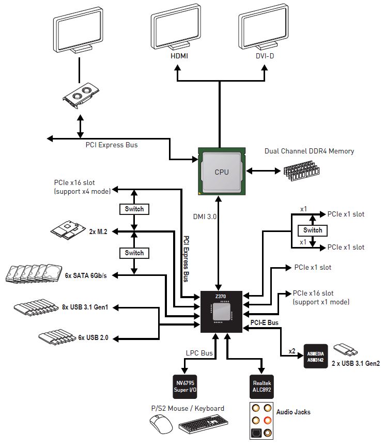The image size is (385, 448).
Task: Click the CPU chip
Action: pyautogui.click(x=222, y=171)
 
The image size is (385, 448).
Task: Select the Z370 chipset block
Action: pyautogui.click(x=221, y=312)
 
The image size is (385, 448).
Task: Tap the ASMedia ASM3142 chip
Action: pyautogui.click(x=316, y=357)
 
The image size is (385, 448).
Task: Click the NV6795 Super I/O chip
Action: pyautogui.click(x=185, y=387)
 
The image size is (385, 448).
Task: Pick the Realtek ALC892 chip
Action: pyautogui.click(x=261, y=387)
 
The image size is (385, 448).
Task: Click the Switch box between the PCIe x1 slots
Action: pyautogui.click(x=313, y=230)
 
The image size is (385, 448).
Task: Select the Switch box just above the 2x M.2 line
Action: pyautogui.click(x=134, y=209)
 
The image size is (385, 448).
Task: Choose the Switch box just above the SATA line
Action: pyautogui.click(x=134, y=253)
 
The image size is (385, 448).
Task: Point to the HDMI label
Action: pyautogui.click(x=179, y=56)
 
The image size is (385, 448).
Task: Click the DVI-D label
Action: pyautogui.click(x=265, y=56)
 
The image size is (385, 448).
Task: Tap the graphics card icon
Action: pyautogui.click(x=81, y=96)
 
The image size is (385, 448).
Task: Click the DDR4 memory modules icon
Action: pyautogui.click(x=302, y=171)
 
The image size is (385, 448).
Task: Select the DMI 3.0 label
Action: pyautogui.click(x=205, y=217)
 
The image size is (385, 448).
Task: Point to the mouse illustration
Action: pyautogui.click(x=161, y=424)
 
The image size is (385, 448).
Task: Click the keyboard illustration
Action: pyautogui.click(x=203, y=424)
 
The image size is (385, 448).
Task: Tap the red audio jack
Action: pyautogui.click(x=267, y=420)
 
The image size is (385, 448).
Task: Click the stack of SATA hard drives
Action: pyautogui.click(x=34, y=274)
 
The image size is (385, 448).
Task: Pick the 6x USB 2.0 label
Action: pyautogui.click(x=93, y=337)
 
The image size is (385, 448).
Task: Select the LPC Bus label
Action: pyautogui.click(x=199, y=353)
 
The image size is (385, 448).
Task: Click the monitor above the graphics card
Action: pyautogui.click(x=78, y=30)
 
